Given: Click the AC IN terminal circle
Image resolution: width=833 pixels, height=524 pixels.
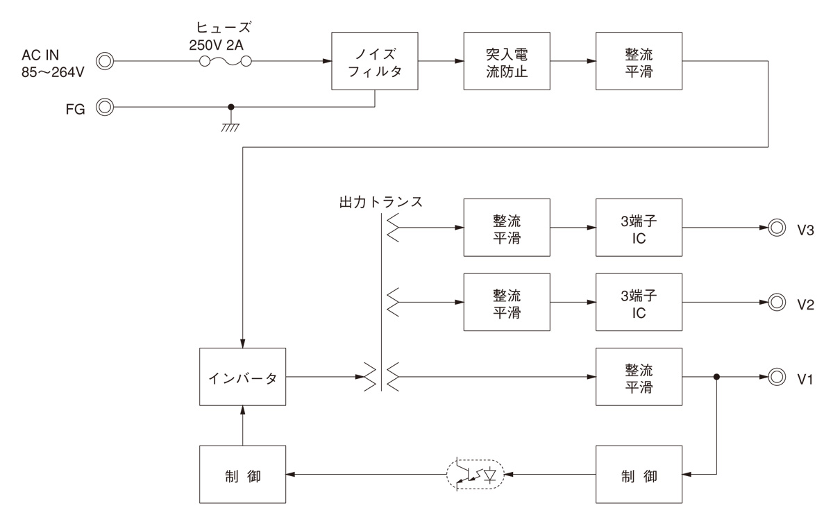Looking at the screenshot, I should [105, 61].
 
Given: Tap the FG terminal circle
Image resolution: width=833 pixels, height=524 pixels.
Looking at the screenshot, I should [105, 108].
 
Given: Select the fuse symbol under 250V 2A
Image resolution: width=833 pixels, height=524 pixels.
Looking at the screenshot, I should [225, 62].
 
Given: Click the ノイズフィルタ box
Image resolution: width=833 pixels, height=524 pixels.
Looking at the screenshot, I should [375, 61].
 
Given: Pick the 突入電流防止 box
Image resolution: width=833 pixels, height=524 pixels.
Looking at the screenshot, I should [507, 61].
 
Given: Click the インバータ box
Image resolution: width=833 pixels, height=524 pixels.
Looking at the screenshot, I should [242, 378].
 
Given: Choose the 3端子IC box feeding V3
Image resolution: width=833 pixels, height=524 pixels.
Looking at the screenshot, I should [639, 227].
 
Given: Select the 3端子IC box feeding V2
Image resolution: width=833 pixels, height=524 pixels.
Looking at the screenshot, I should [639, 302].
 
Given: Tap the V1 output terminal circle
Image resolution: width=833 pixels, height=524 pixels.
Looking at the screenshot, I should [776, 378].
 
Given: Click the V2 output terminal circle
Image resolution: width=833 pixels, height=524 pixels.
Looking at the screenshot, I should [776, 302].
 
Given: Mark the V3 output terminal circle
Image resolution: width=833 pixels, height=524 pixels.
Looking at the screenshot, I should [776, 227].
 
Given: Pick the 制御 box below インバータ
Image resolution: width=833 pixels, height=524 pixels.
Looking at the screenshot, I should [242, 475].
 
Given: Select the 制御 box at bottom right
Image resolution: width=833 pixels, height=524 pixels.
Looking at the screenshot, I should [639, 475].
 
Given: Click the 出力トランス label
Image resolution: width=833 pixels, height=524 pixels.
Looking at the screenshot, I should [380, 203].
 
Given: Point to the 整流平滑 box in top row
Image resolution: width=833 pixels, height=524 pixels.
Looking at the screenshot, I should [639, 61].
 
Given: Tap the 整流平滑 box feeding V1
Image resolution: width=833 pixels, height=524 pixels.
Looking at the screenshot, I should [639, 378].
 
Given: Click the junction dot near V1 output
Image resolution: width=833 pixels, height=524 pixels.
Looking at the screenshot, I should [716, 378].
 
